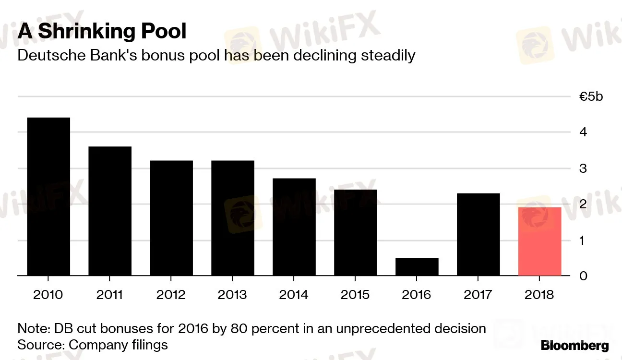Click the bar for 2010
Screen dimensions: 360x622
click(x=48, y=197)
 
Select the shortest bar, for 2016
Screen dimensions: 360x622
click(x=417, y=267)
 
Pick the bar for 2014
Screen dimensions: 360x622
click(x=294, y=227)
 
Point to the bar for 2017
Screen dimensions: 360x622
click(x=478, y=234)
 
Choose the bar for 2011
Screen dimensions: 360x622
click(x=110, y=211)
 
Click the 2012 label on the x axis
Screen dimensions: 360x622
click(x=171, y=294)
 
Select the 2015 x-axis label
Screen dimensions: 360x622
click(x=356, y=294)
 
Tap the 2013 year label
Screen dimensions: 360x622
click(x=232, y=294)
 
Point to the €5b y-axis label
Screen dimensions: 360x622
click(x=591, y=96)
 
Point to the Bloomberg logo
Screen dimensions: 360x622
click(x=574, y=346)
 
